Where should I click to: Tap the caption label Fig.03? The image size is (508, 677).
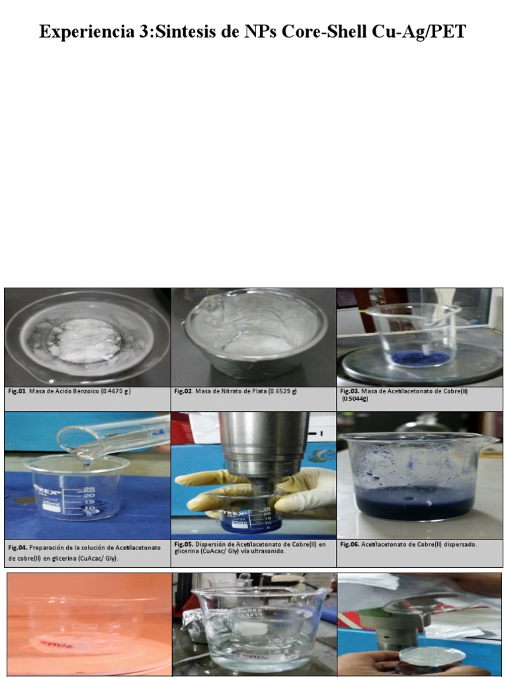[349, 391]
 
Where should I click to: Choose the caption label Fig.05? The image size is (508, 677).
[184, 544]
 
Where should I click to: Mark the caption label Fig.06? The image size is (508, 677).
[349, 545]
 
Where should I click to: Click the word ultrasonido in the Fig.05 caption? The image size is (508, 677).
[268, 551]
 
